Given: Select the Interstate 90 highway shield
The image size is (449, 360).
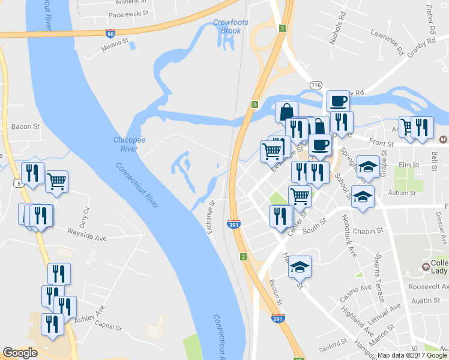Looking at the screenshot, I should [x=110, y=34].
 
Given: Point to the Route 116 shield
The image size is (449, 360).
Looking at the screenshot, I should [x=316, y=86].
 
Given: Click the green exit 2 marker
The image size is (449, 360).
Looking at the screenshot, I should [x=243, y=257].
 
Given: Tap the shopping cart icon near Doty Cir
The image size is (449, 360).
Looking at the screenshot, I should [x=56, y=180].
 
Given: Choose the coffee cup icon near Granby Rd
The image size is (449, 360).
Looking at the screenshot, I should [x=338, y=100].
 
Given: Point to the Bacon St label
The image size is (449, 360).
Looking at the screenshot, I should [x=25, y=127].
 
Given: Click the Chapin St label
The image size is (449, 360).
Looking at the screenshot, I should [x=369, y=231].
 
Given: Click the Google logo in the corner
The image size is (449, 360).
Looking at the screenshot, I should [x=20, y=353].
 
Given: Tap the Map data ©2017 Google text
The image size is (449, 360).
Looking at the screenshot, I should [x=412, y=355].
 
